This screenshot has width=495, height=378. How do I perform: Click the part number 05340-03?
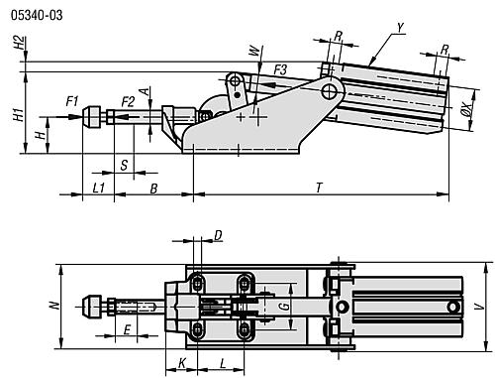[37, 15]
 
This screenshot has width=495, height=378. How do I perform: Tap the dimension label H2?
[20, 43]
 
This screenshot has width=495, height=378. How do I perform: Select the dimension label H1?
[19, 114]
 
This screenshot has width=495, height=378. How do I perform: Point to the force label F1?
[72, 101]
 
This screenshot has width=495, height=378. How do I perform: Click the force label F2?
[128, 101]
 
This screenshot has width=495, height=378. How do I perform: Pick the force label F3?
[280, 70]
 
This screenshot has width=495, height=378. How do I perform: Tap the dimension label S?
[124, 165]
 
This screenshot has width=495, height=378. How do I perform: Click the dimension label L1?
[99, 188]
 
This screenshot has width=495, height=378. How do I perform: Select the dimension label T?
[319, 188]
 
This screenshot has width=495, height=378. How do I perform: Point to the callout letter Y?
[401, 28]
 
